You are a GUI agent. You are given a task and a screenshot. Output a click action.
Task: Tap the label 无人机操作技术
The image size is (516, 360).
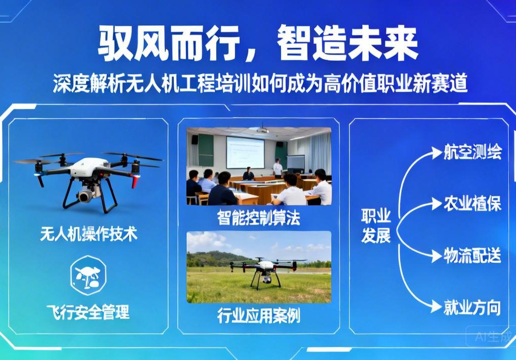[89, 234]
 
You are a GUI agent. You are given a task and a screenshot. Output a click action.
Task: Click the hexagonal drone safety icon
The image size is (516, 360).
[88, 275]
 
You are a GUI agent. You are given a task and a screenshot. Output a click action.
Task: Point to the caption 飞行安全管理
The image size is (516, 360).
[88, 312]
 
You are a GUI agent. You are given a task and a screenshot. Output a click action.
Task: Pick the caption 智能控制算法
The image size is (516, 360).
[259, 218]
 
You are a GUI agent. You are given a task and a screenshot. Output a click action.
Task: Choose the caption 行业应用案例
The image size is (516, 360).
[259, 315]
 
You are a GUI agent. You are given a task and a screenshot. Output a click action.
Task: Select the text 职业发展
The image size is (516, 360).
[376, 226]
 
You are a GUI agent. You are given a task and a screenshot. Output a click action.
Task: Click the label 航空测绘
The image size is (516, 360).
[473, 153]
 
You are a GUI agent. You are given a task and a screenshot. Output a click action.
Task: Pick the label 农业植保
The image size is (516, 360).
[473, 204]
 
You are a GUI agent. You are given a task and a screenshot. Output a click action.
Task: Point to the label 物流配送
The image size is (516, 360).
[473, 255]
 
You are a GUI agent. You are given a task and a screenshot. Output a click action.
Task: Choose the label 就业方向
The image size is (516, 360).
[473, 307]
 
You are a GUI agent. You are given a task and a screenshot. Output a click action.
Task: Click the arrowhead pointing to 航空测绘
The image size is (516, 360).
[436, 152]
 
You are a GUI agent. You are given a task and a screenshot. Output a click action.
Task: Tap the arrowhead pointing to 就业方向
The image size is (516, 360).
[436, 307]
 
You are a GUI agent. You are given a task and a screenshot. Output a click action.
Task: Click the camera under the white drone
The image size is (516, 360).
[86, 193]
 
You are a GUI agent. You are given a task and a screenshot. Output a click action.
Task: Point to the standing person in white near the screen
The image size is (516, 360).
[278, 167]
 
